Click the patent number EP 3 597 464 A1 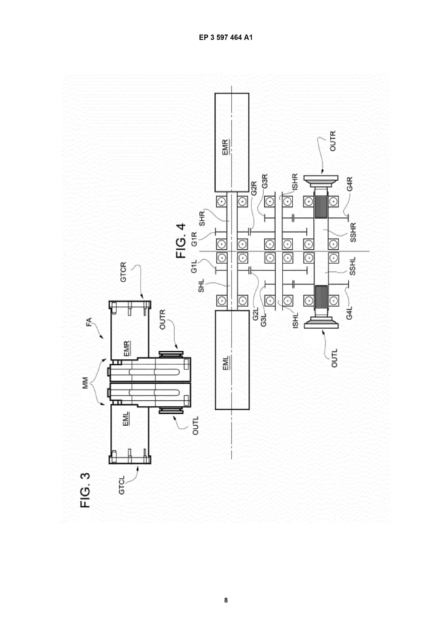tap(226, 38)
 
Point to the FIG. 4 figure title tap(181, 241)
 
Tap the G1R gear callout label tap(194, 239)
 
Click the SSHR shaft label tap(353, 232)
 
